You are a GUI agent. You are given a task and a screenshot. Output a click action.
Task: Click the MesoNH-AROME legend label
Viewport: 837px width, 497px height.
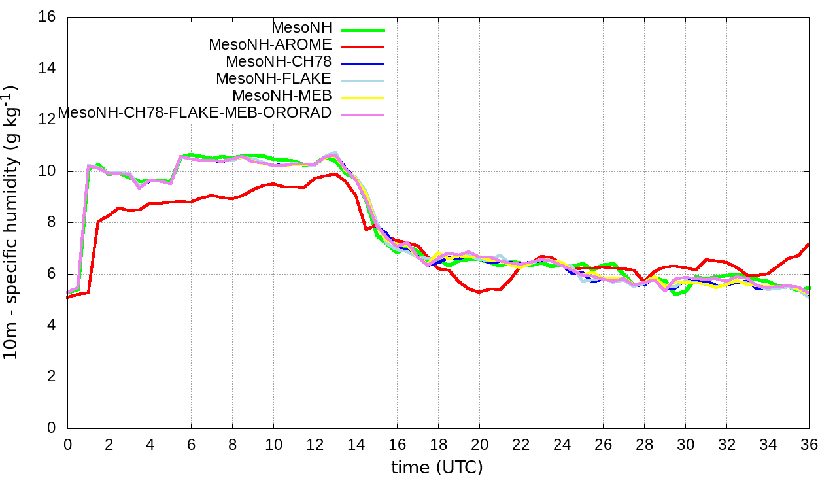(x=270, y=45)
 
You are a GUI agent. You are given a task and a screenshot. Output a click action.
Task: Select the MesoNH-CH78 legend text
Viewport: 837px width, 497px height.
(x=279, y=62)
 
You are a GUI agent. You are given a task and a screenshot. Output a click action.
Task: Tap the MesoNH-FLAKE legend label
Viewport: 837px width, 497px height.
(x=274, y=79)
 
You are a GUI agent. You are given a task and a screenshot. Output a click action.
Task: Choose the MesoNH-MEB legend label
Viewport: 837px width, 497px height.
(x=282, y=96)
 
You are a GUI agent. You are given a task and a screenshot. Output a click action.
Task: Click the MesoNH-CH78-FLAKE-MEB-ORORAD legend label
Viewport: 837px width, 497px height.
(x=195, y=113)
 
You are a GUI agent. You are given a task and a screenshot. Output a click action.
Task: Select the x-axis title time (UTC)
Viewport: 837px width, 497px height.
(x=437, y=468)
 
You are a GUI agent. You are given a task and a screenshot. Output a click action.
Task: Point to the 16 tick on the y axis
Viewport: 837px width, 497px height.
(x=47, y=17)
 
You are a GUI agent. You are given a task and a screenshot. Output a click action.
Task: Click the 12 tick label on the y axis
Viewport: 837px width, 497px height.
(x=47, y=120)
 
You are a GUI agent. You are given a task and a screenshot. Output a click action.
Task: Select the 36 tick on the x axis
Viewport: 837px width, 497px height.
(x=809, y=444)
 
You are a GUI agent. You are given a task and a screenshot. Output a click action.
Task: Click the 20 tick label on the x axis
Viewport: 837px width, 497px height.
(x=479, y=444)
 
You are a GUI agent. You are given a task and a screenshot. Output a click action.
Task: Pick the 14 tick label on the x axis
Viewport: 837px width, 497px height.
(x=356, y=444)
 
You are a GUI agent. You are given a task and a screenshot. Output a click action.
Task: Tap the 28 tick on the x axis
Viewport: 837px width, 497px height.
(x=644, y=444)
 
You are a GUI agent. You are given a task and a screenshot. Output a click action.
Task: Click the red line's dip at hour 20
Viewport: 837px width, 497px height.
(x=479, y=292)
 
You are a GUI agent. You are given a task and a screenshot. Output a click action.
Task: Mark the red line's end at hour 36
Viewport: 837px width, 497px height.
(x=809, y=243)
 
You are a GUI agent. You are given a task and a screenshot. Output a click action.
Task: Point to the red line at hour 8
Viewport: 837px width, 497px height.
(x=232, y=198)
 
